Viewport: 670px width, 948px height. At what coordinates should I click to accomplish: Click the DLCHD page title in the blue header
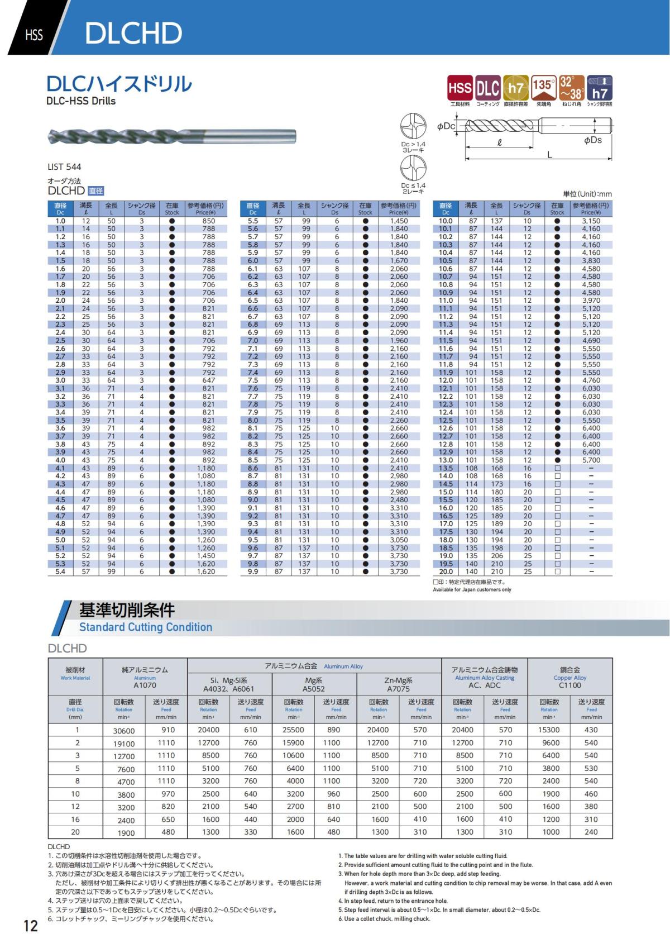tap(133, 34)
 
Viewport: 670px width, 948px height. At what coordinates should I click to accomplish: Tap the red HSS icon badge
tap(460, 88)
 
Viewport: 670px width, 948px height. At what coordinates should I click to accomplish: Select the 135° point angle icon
tap(543, 88)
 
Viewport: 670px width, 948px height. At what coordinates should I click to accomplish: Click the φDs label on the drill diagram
tap(592, 140)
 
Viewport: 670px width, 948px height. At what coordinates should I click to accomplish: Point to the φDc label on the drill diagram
tap(446, 126)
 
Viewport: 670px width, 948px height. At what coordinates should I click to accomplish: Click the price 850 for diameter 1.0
tap(208, 221)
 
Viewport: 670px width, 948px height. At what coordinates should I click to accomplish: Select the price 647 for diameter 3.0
tap(208, 380)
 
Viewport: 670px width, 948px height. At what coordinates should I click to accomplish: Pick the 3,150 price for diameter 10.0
tap(591, 221)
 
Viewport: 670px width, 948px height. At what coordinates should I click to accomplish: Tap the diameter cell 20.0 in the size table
tap(446, 571)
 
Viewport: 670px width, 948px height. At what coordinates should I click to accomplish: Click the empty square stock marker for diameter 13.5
tap(557, 468)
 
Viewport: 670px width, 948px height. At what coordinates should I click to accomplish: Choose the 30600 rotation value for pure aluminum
tap(123, 731)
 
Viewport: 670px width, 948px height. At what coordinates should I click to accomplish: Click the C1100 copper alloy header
tap(569, 685)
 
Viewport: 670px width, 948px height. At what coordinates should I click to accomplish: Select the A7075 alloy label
tap(398, 689)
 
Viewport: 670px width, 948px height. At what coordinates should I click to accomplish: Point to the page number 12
tap(30, 926)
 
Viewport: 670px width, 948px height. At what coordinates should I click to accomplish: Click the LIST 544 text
tap(64, 166)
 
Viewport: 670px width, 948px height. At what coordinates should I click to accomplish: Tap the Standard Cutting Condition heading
tap(146, 627)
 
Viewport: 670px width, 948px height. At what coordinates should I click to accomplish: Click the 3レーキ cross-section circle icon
tap(413, 127)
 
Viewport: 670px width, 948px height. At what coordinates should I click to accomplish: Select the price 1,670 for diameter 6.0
tap(399, 261)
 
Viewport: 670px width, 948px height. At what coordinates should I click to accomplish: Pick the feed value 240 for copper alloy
tap(591, 832)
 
